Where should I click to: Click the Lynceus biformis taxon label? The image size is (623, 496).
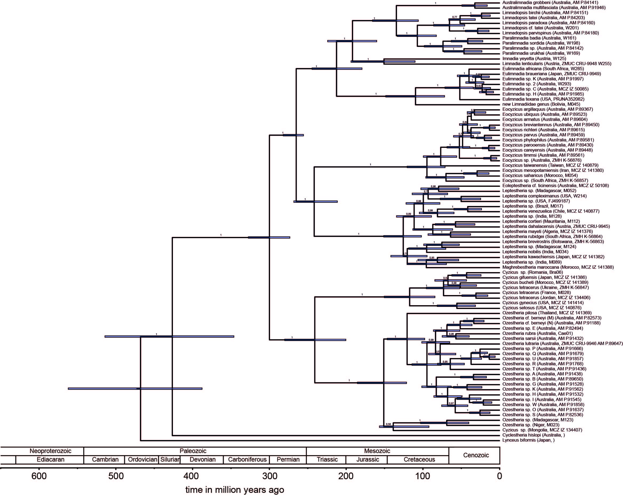coord(529,440)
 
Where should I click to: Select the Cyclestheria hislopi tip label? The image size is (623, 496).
coord(533,435)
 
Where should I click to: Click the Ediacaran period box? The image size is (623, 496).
coord(51,459)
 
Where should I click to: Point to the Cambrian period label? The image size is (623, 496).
coord(105,459)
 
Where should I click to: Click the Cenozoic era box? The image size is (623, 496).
coord(476,455)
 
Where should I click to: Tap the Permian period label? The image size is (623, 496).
coord(288,459)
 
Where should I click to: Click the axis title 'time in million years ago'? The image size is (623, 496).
coord(235,490)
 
